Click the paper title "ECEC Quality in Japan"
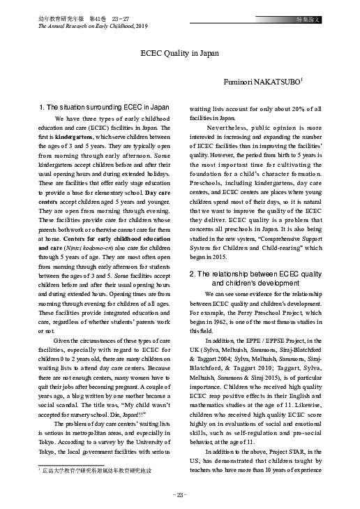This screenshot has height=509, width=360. (x=179, y=52)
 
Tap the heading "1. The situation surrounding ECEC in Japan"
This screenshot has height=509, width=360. (x=104, y=108)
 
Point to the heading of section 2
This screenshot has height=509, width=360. (x=255, y=279)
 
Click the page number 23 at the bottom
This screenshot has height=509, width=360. (x=180, y=495)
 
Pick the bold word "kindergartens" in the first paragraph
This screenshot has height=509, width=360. (x=74, y=138)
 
